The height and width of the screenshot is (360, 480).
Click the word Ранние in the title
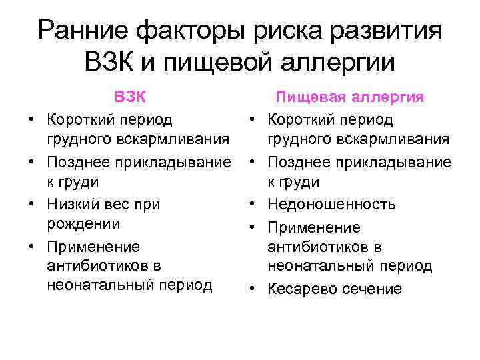[82, 31]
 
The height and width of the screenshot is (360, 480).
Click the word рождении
[83, 223]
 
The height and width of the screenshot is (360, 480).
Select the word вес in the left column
[122, 204]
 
